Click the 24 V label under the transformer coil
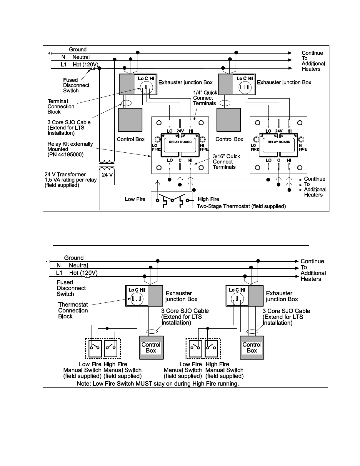coord(107,175)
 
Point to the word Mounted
coord(58,149)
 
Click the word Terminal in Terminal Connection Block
coord(58,101)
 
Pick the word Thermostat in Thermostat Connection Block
coord(73,304)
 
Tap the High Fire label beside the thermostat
coord(209,199)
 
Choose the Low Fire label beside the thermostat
coord(135,199)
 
